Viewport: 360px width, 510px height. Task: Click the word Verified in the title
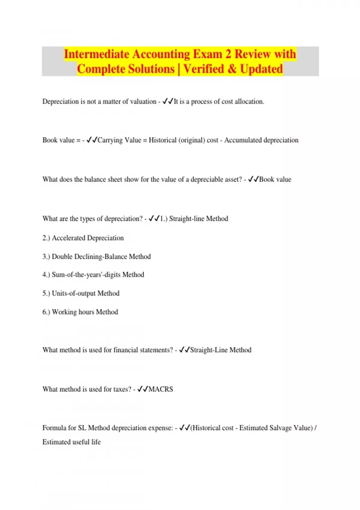pos(204,69)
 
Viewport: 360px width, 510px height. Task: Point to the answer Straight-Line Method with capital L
pos(220,350)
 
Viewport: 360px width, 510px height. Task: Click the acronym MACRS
pos(161,389)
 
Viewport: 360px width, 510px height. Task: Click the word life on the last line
pos(96,442)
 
